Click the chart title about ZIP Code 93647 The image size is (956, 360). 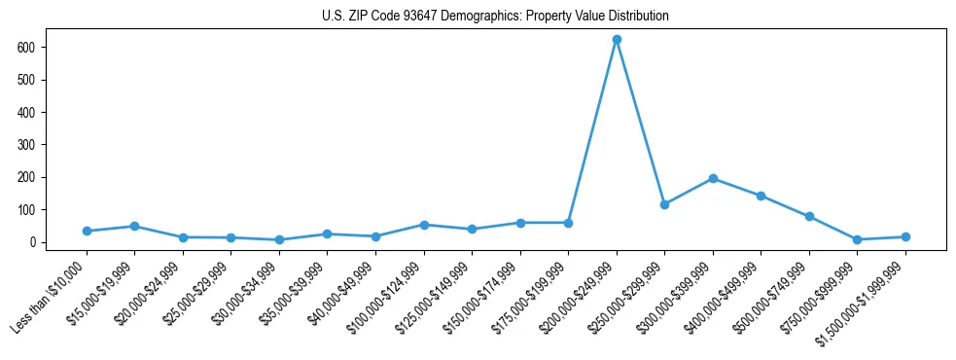[495, 17]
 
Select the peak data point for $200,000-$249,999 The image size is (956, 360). [617, 40]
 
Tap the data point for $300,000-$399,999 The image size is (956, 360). [713, 178]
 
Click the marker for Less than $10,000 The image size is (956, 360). [87, 231]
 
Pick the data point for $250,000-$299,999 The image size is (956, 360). [664, 204]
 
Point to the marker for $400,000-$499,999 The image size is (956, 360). [761, 196]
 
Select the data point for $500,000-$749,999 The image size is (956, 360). [809, 216]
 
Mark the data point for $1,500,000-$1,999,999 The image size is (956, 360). [905, 236]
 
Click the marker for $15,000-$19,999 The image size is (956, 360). [134, 226]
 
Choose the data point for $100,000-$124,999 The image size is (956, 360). [424, 225]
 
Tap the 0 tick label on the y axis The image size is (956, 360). [40, 241]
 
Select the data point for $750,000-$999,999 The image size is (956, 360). [857, 239]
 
